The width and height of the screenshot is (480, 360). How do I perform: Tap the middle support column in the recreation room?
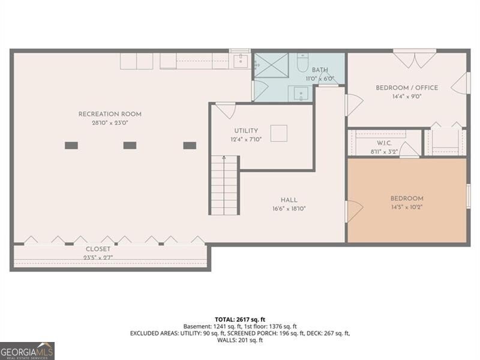(x=130, y=145)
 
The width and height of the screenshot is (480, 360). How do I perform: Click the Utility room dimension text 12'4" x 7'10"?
(x=246, y=139)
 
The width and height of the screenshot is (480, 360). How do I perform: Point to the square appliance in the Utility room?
(x=278, y=133)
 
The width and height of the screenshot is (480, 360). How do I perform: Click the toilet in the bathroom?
(x=302, y=62)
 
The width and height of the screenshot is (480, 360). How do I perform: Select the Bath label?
(x=319, y=70)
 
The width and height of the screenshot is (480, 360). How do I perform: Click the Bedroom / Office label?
(x=406, y=88)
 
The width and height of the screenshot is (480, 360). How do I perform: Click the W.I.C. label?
(x=384, y=143)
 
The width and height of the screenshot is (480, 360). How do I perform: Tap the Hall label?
(x=289, y=200)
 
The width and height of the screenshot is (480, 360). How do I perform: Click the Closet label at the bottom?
(x=97, y=248)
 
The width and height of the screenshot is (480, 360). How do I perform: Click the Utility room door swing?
(x=225, y=111)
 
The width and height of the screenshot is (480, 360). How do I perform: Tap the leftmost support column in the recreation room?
(x=71, y=145)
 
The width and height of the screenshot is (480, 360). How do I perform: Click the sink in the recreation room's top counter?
(x=241, y=61)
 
